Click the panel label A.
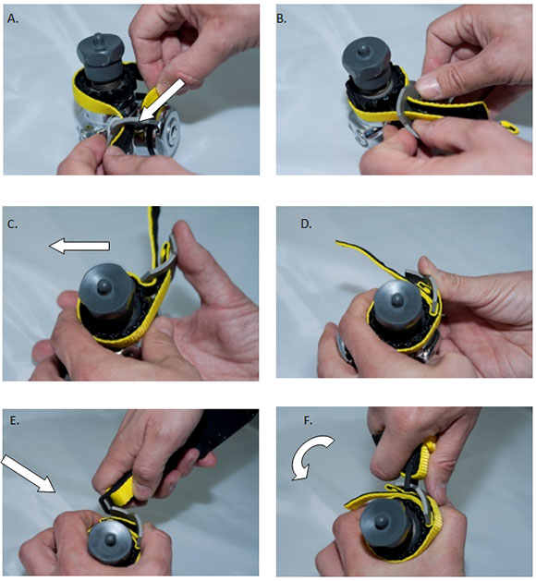[x=13, y=18]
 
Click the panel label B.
[x=282, y=18]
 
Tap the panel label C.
[x=12, y=224]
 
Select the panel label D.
[x=306, y=224]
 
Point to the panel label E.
[x=14, y=420]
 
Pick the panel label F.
[x=308, y=420]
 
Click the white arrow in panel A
[x=161, y=100]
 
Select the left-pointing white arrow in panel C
[x=79, y=246]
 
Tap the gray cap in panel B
[x=365, y=62]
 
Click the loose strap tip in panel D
[x=338, y=242]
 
